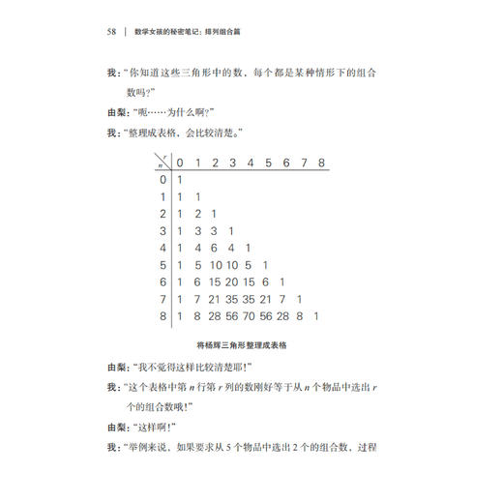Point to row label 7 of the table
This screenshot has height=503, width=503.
coord(163,298)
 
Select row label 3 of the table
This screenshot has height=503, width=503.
coord(163,230)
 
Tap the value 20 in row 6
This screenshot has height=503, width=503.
coord(230,281)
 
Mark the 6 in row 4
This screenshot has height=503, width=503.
coord(214,248)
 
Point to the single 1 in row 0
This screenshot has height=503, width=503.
coord(179,179)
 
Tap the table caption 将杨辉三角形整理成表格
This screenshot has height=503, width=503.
coord(251,343)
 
